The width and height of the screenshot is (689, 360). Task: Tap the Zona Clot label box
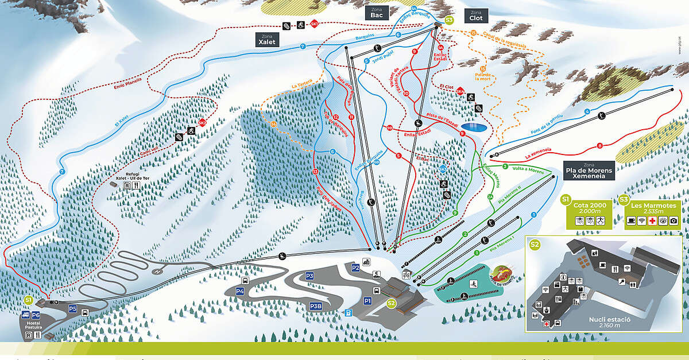(475, 16)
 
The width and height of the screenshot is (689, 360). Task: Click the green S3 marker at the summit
(449, 21)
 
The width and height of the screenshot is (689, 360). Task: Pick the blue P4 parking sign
(240, 291)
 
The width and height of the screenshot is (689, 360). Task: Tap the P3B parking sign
(316, 306)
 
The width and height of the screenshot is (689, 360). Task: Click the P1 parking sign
(367, 300)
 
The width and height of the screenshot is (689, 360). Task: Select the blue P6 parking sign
(36, 315)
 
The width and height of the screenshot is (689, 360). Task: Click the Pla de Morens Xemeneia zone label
(589, 171)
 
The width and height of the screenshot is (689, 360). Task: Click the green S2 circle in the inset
(535, 245)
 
